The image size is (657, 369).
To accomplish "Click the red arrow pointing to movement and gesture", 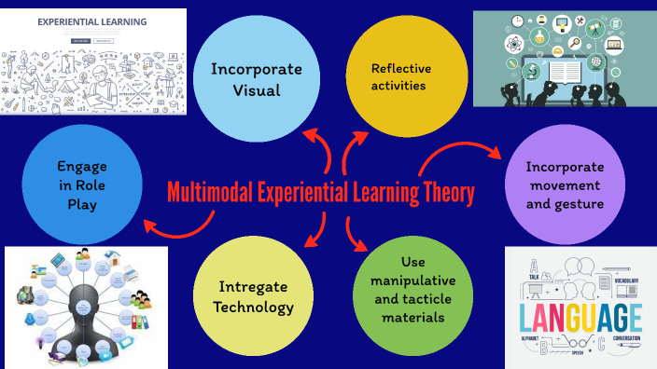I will point(457,149).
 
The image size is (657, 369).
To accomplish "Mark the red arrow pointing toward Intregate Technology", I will point(317,233).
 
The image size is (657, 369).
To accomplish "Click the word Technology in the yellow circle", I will point(253,307).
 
